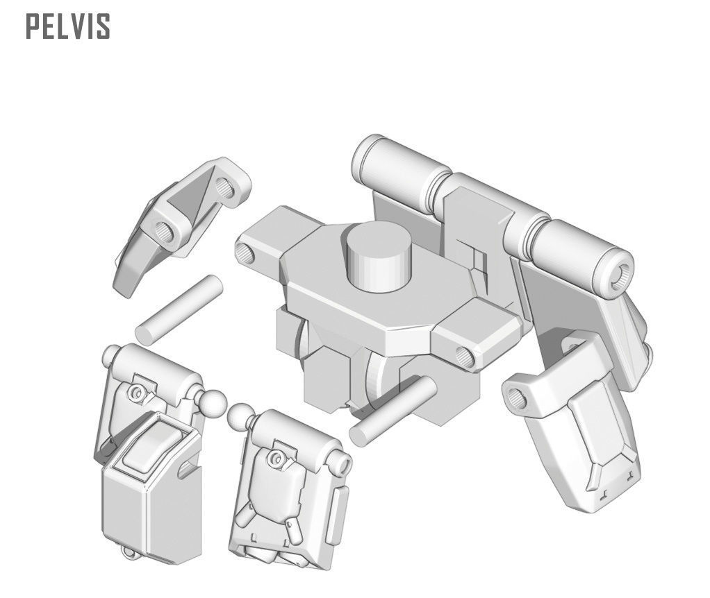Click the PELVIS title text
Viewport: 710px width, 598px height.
click(x=68, y=26)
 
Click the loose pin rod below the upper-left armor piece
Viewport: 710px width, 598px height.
click(x=179, y=309)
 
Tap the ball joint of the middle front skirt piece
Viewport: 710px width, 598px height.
click(x=240, y=415)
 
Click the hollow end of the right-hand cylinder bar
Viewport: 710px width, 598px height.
click(x=621, y=271)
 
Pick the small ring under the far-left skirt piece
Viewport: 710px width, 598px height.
click(x=126, y=552)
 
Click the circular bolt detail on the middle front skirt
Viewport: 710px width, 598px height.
click(x=277, y=458)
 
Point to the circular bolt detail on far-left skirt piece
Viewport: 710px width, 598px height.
click(x=135, y=393)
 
